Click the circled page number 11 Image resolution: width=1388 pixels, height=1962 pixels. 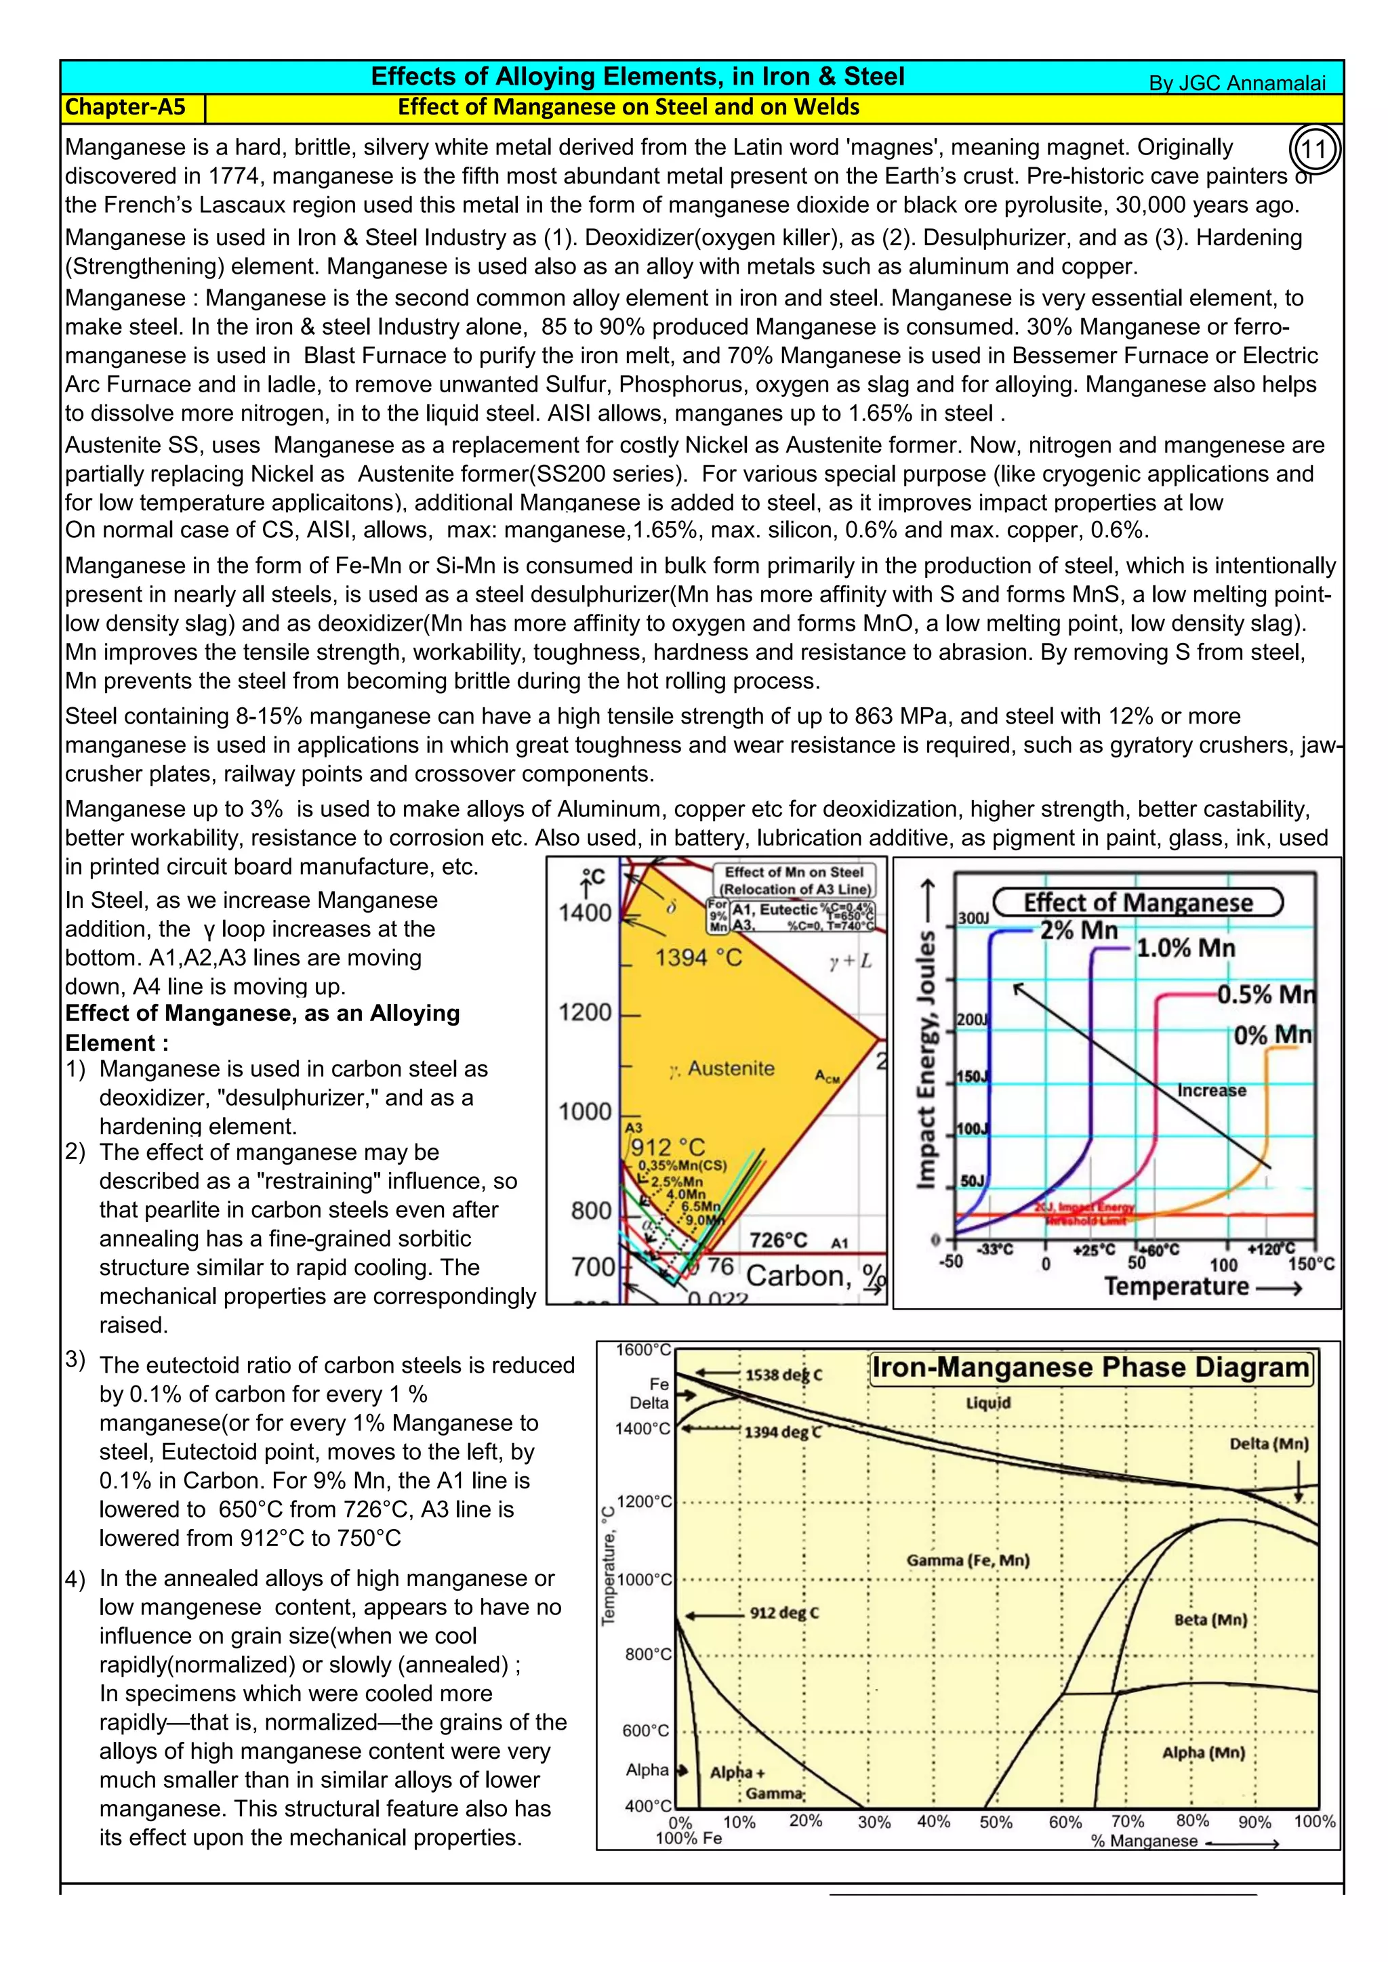pyautogui.click(x=1313, y=150)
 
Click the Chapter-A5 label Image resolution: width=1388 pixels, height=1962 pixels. pyautogui.click(x=125, y=107)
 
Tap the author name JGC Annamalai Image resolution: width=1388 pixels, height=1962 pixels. pyautogui.click(x=1237, y=83)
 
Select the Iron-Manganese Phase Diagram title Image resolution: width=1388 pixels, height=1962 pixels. pyautogui.click(x=1090, y=1368)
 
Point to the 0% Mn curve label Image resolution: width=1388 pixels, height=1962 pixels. pyautogui.click(x=1271, y=1035)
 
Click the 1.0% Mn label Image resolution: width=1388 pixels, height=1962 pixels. pyautogui.click(x=1185, y=948)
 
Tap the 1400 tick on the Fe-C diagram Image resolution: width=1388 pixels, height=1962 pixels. pyautogui.click(x=585, y=913)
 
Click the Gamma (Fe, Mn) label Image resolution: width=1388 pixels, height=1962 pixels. pyautogui.click(x=968, y=1560)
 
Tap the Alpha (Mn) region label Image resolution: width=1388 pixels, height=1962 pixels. pyautogui.click(x=1202, y=1753)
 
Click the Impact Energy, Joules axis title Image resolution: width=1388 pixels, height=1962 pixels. pyautogui.click(x=926, y=1060)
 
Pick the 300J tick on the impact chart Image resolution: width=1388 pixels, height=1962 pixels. pyautogui.click(x=973, y=919)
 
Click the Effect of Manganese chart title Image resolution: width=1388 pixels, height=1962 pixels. pyautogui.click(x=1138, y=902)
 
